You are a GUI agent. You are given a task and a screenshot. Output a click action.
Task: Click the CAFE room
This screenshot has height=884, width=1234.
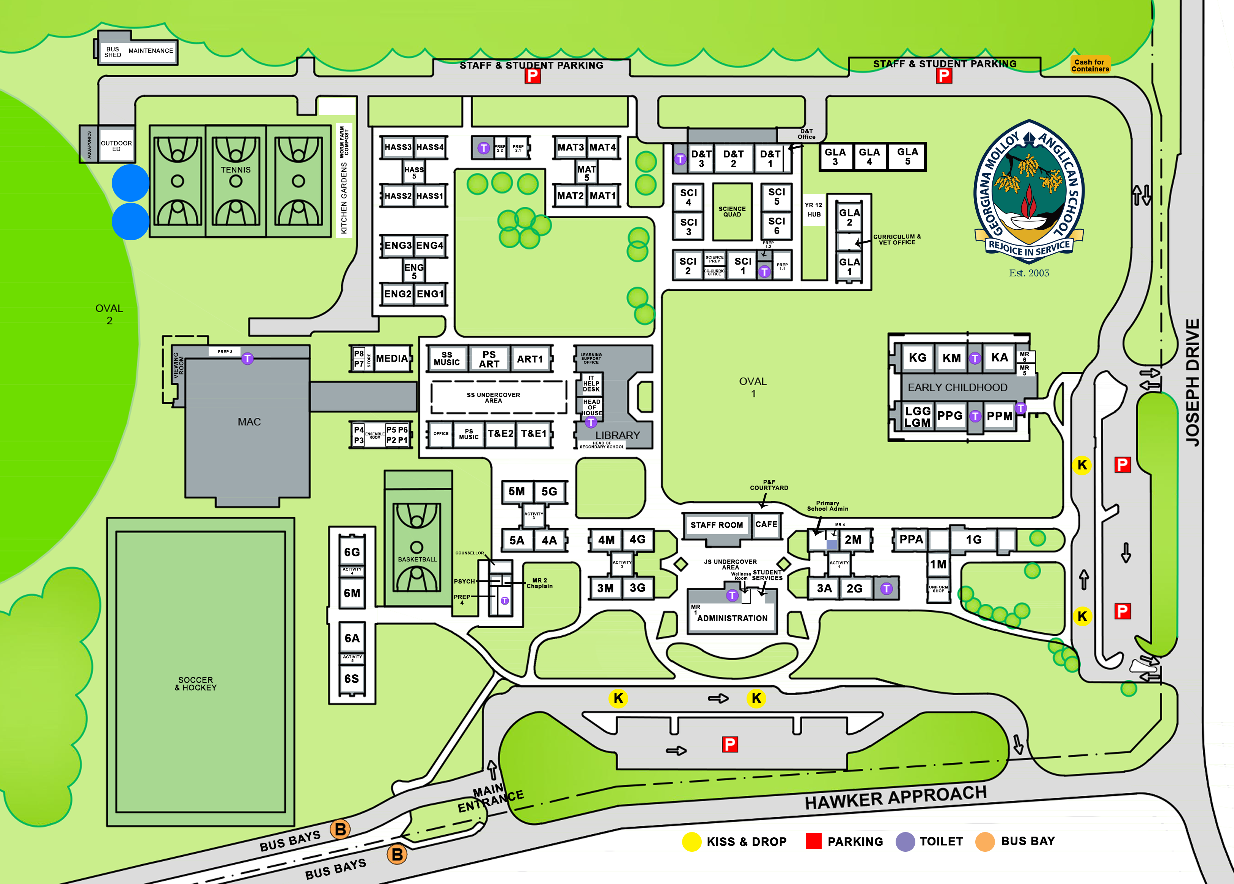pos(766,525)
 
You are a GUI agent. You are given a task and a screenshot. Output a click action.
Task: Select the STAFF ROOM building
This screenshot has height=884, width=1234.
pos(717,525)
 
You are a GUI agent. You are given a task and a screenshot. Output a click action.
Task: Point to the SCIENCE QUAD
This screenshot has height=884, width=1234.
pos(732,212)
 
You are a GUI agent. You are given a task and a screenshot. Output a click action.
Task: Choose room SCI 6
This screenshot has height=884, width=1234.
pos(777,226)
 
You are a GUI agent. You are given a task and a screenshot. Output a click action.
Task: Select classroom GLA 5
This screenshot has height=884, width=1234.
pos(907,157)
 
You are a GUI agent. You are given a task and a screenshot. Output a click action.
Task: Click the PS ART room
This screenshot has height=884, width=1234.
pos(489,359)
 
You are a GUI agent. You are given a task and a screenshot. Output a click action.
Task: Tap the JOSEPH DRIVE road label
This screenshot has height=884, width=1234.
pos(1192,383)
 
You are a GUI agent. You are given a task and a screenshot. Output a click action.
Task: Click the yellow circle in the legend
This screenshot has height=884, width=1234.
pos(692,842)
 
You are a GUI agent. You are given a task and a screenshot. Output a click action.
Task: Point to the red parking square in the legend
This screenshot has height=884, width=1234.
pos(813,841)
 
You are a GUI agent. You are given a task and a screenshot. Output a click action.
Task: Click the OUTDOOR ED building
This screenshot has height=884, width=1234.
pos(116,146)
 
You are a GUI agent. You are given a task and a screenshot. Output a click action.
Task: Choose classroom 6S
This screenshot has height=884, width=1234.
pos(352,679)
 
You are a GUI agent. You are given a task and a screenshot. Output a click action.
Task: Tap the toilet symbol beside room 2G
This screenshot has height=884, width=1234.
pos(886,588)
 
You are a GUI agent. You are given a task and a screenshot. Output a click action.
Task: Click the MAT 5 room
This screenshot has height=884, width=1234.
pos(586,173)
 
